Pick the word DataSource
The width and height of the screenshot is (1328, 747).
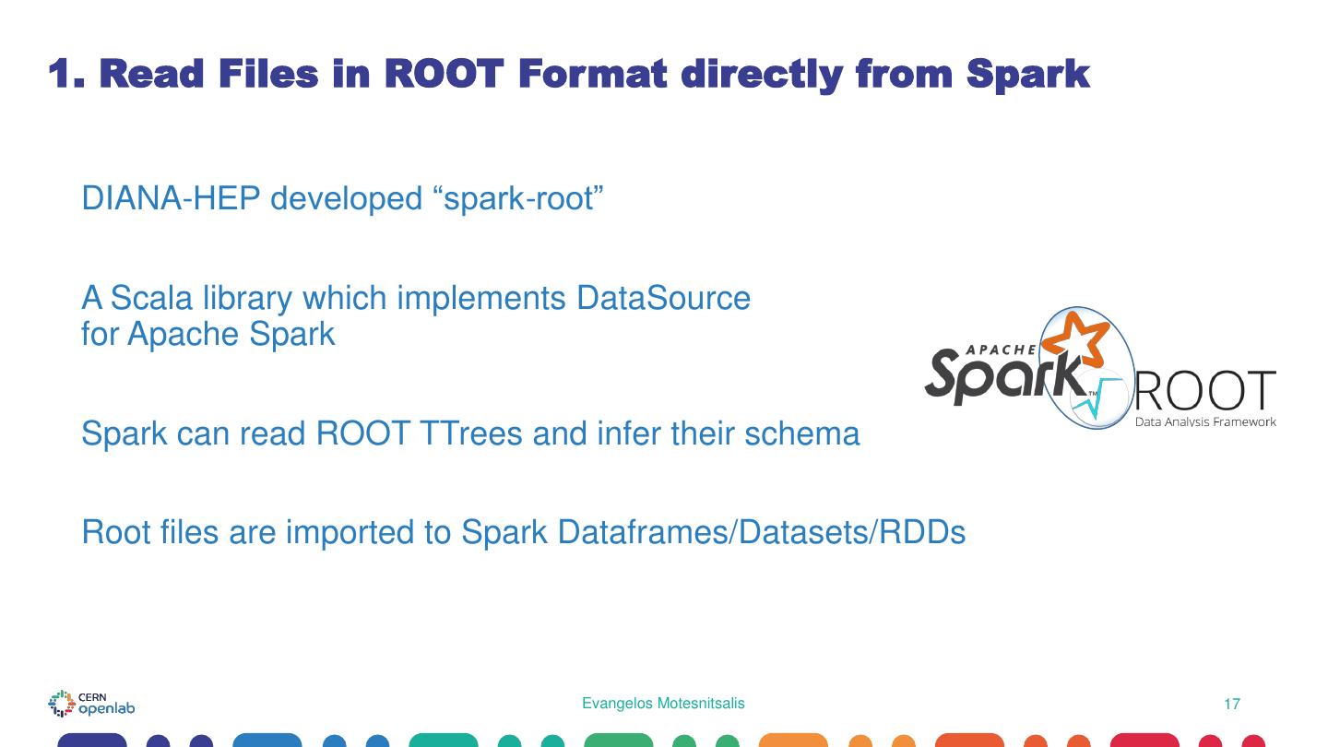pos(663,298)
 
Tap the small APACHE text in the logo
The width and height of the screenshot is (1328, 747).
pos(1001,350)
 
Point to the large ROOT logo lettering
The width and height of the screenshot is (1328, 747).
pos(1204,392)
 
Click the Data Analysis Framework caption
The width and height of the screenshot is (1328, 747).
pos(1205,421)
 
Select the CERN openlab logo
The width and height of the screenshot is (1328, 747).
pos(91,704)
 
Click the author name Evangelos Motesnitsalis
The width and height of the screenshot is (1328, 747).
pos(663,704)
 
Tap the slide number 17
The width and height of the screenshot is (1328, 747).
pos(1231,705)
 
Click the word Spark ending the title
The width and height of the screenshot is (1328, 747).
pos(1028,74)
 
